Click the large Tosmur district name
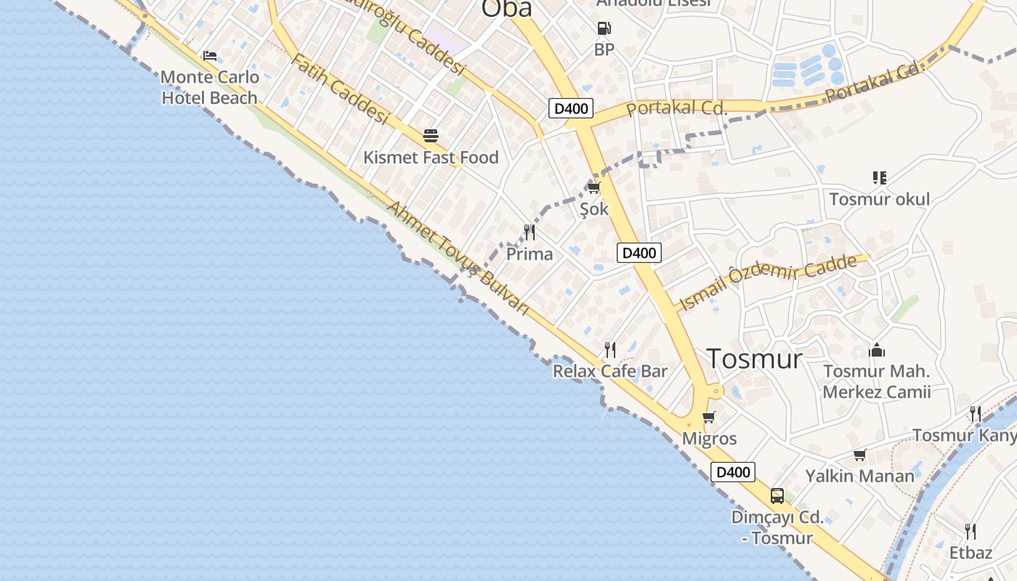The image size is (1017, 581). tap(754, 359)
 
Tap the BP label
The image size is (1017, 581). tap(604, 49)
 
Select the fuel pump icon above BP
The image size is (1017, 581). tap(604, 29)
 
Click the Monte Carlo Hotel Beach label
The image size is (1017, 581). tap(209, 87)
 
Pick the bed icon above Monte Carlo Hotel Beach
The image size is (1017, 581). tap(210, 55)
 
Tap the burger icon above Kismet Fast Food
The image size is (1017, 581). tap(431, 136)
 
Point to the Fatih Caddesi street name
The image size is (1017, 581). tap(339, 89)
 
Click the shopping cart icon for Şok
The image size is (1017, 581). tap(593, 188)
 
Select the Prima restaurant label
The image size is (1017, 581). tap(530, 254)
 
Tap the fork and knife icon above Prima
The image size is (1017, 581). tap(530, 232)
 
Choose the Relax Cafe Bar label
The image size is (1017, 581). tap(610, 371)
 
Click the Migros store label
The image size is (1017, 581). tap(709, 439)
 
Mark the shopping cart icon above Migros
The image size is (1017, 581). tap(709, 418)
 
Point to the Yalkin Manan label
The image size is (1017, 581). tap(859, 476)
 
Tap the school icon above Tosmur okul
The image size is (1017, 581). tap(880, 178)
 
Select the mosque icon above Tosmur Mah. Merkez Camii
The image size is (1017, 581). tap(877, 351)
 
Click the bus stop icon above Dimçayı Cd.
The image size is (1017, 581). tap(777, 496)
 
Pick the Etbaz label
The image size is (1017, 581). tap(971, 553)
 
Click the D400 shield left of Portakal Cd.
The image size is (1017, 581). tap(571, 109)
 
